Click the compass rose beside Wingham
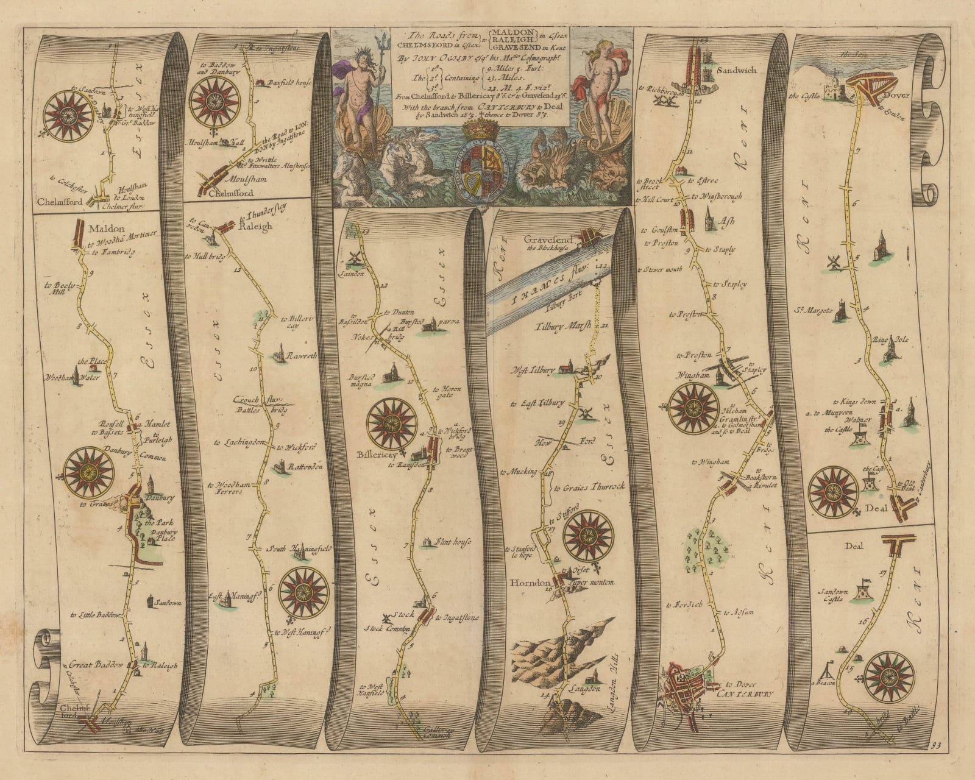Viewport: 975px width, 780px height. pos(693,408)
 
